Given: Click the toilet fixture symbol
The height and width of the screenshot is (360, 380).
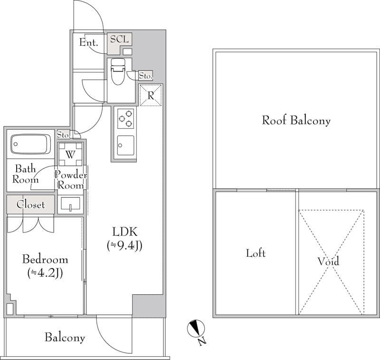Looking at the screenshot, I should (x=117, y=72).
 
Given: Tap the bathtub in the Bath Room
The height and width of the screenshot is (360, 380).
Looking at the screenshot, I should (x=30, y=144).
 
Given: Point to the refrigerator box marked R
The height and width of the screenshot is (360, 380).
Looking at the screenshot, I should (x=151, y=95).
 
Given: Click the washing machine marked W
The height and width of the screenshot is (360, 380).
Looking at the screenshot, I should (x=70, y=155).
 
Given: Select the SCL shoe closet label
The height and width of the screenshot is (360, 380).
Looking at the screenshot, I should (x=119, y=39).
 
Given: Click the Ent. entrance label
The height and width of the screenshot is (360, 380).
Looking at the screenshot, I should (x=89, y=43).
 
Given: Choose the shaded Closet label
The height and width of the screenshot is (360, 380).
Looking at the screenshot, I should (x=30, y=204).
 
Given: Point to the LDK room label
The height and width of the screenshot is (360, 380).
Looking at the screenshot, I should (x=124, y=232).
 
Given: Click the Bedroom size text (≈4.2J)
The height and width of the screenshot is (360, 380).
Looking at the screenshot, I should (x=45, y=273).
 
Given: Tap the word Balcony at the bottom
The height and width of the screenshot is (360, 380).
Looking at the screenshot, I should (x=65, y=338).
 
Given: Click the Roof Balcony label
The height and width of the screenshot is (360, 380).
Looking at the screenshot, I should (x=296, y=120).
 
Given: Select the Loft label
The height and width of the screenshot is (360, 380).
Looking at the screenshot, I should (x=256, y=253).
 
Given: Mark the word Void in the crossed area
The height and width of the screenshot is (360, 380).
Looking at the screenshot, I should (x=328, y=262).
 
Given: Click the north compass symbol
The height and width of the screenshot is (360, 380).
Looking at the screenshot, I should (x=196, y=329).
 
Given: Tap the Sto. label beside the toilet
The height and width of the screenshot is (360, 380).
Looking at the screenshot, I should (x=145, y=76).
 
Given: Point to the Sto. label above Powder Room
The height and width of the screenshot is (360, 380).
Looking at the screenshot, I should (x=63, y=135).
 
